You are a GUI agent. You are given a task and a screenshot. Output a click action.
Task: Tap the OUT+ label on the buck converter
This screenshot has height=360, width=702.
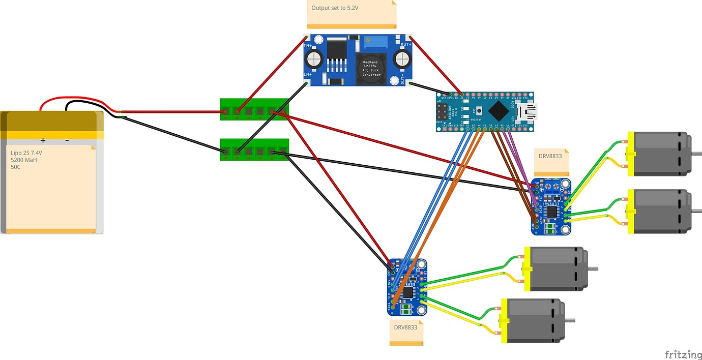click(x=405, y=44)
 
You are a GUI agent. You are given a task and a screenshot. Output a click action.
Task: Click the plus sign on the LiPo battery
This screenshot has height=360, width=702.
click(x=43, y=140)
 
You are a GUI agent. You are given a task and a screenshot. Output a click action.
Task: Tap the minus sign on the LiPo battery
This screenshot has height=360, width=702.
click(x=67, y=140)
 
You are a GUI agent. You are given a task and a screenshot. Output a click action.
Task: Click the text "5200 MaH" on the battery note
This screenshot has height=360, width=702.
click(x=24, y=160)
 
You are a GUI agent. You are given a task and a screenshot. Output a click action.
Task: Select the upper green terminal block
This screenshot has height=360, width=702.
click(x=254, y=109)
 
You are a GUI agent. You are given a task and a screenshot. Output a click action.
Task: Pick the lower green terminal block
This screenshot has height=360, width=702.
click(x=254, y=149)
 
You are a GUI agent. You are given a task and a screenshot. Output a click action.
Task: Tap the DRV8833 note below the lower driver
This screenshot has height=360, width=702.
click(x=405, y=331)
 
